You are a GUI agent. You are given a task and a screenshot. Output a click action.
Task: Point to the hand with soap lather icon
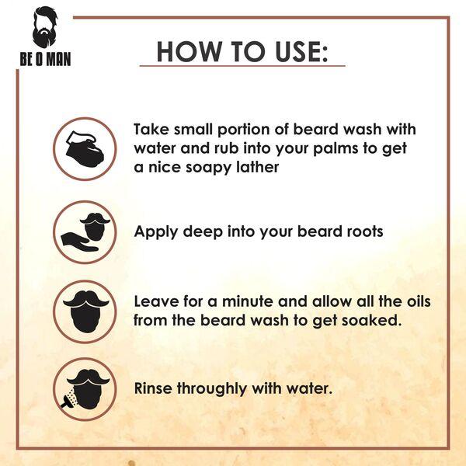pos(85,148)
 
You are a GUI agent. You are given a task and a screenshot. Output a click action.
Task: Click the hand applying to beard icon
pos(85,231)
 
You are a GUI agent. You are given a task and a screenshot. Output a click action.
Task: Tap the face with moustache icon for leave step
pos(85,311)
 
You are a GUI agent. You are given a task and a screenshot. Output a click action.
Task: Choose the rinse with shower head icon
pos(85,388)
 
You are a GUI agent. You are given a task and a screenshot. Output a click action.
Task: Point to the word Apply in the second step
pos(155,231)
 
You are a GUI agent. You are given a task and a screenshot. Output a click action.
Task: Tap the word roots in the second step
pos(362,231)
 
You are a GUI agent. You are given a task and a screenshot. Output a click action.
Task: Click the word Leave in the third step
pos(155,301)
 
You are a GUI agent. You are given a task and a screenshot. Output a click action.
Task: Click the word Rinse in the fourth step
pos(155,387)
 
